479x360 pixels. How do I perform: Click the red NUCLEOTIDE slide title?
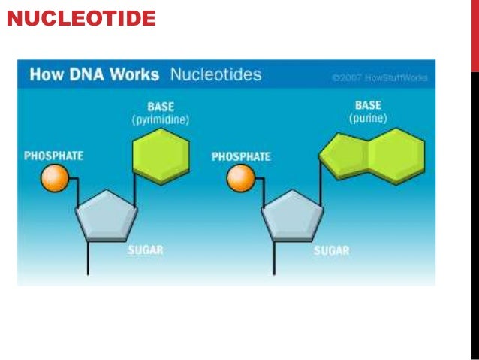81,17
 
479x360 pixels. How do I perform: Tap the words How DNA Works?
94,75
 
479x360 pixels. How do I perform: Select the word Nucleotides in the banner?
215,75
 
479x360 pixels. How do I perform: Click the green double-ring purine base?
371,156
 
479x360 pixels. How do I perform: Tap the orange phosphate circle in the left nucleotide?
55,178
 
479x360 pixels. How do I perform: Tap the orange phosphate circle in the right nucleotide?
241,178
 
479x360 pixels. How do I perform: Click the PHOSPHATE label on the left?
53,156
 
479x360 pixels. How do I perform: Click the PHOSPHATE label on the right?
241,157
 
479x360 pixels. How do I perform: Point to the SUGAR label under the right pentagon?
331,250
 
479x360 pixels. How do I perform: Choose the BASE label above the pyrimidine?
161,107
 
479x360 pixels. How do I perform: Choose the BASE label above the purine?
368,106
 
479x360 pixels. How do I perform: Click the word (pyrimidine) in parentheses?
161,119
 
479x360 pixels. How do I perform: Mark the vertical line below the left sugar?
89,259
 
